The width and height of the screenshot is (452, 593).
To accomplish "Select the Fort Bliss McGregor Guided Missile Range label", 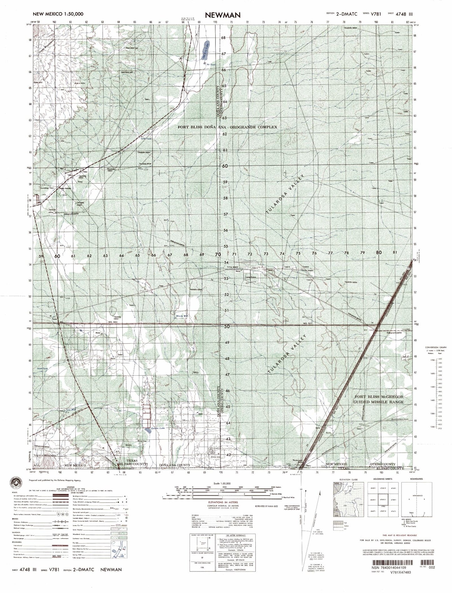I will pos(379,399).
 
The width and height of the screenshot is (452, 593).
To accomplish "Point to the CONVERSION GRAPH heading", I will pos(435,348).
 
